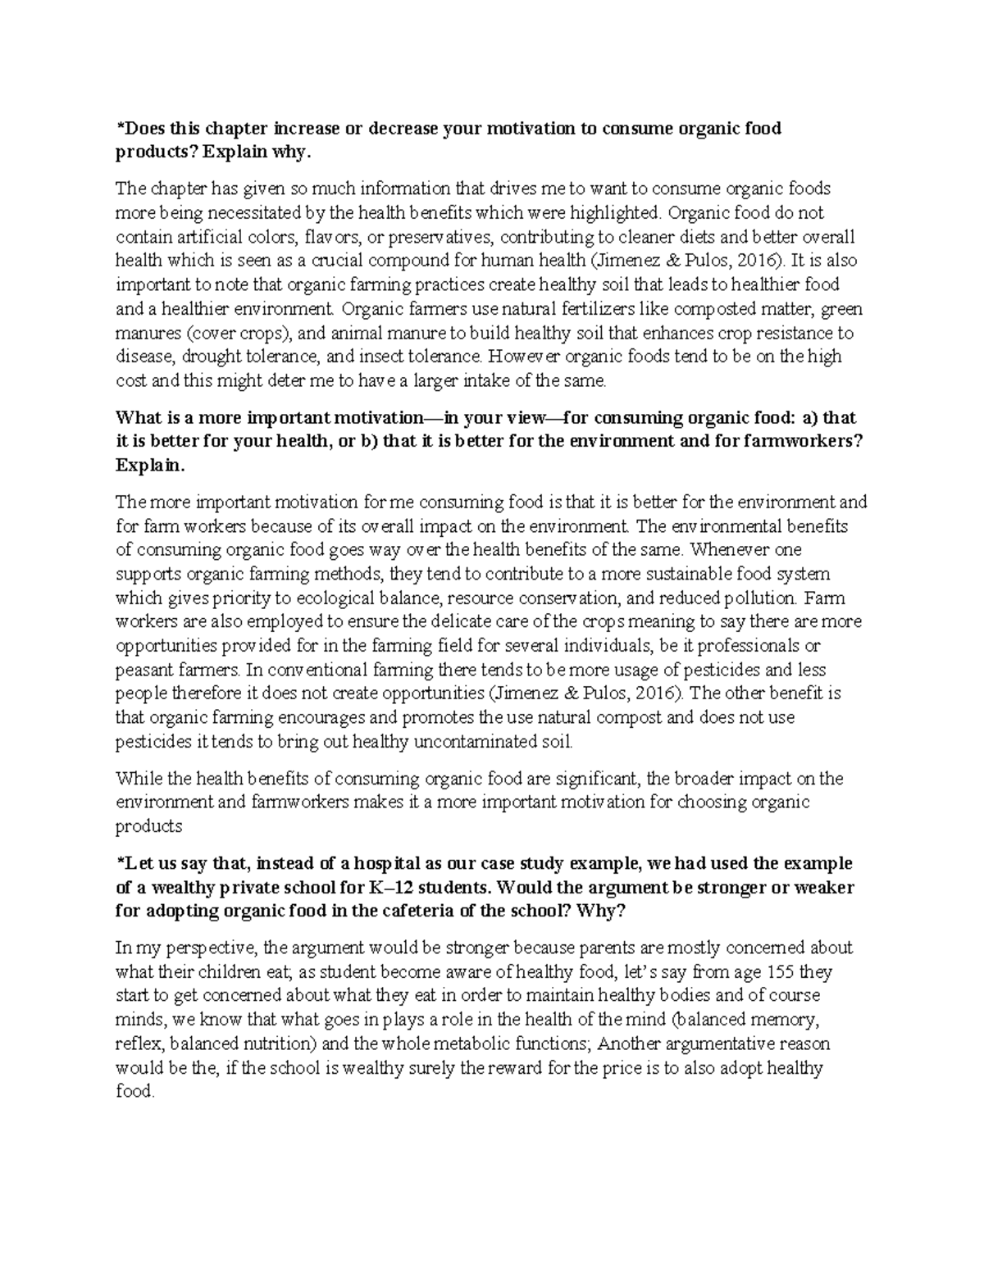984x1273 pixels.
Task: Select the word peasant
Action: click(x=143, y=669)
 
